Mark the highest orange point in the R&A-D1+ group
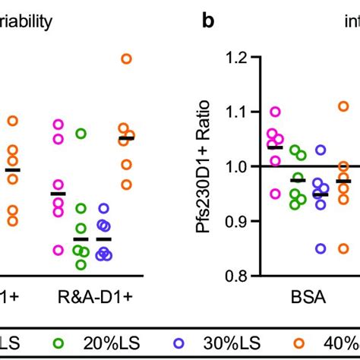tap(126, 58)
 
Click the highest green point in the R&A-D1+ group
tap(81, 134)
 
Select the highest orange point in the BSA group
tap(343, 106)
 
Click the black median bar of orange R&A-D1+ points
tap(126, 138)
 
